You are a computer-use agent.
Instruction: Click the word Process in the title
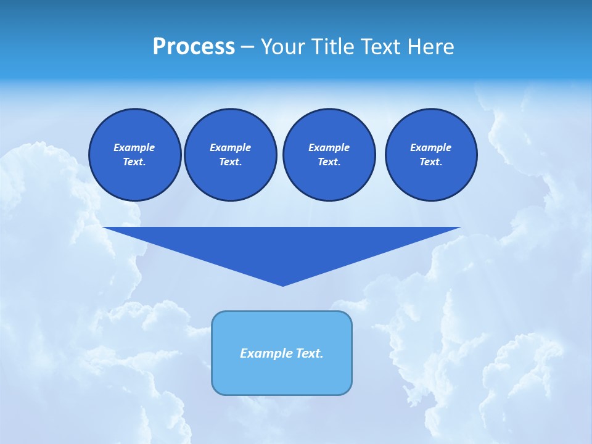point(194,47)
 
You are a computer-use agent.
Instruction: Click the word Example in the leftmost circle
point(134,147)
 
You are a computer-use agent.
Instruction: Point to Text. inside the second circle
point(230,162)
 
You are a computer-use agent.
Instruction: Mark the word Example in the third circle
point(329,147)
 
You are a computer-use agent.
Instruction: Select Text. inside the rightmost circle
point(430,162)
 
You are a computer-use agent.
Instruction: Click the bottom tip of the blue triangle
point(282,284)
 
